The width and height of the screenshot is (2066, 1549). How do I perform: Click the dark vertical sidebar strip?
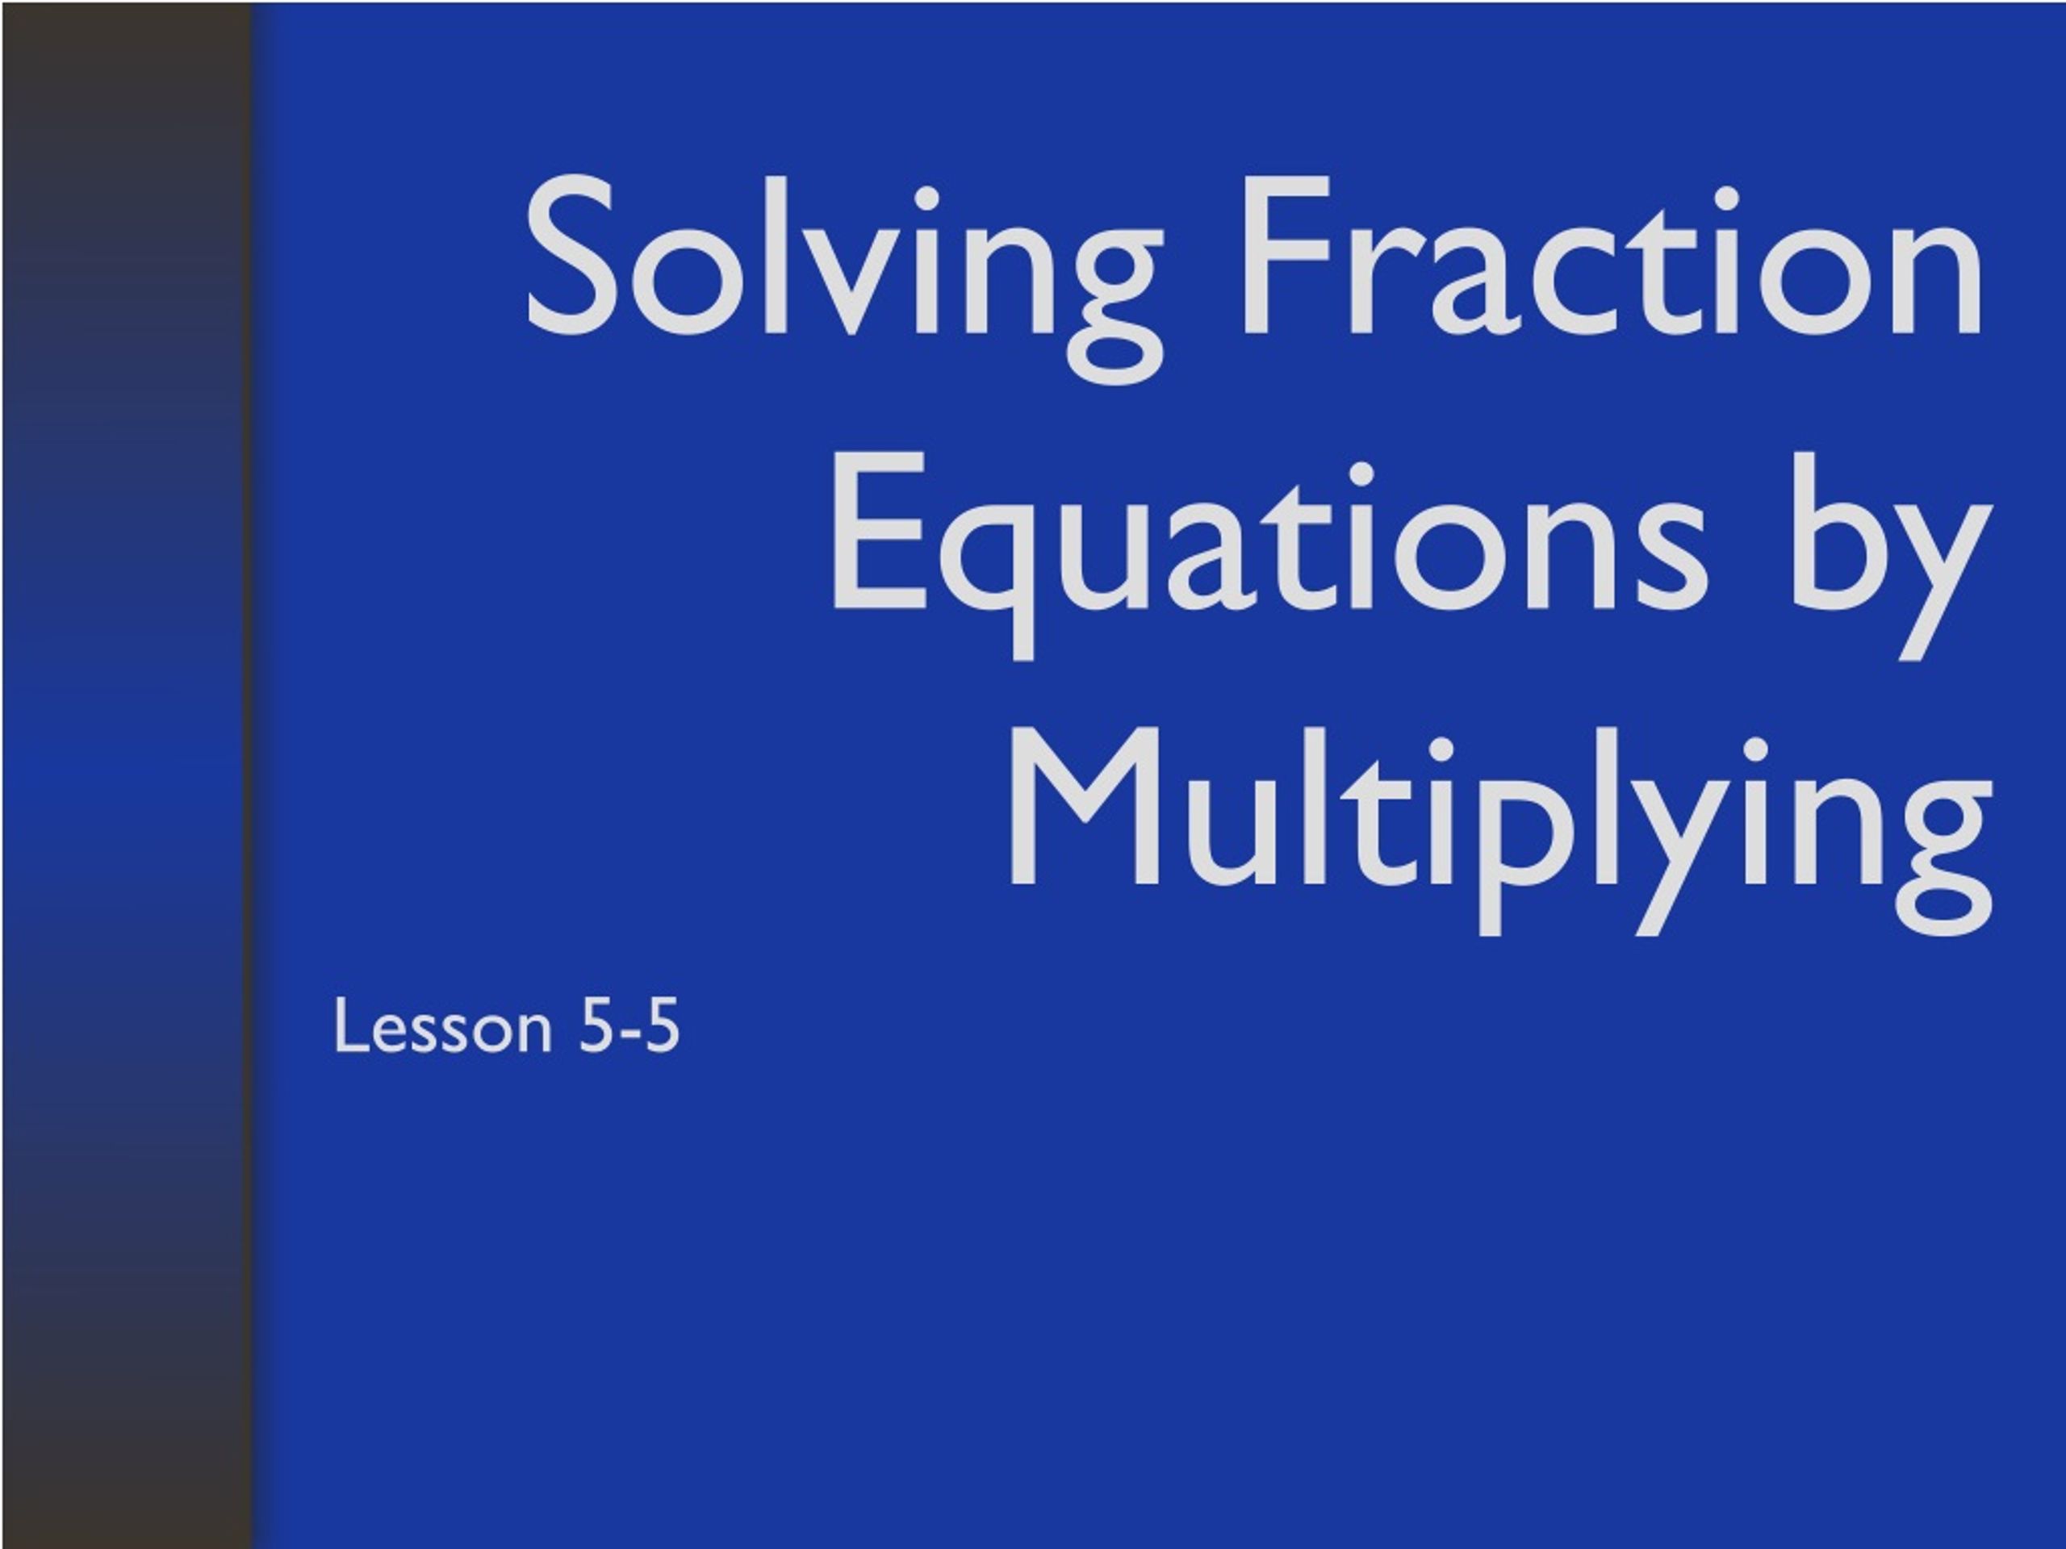click(126, 775)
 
